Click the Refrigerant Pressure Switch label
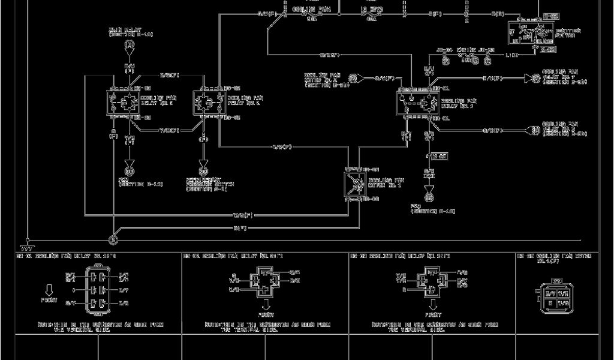(x=210, y=184)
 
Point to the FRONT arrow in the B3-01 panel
(x=50, y=290)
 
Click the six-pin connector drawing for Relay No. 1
(x=100, y=290)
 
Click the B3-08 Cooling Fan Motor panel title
(x=556, y=258)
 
